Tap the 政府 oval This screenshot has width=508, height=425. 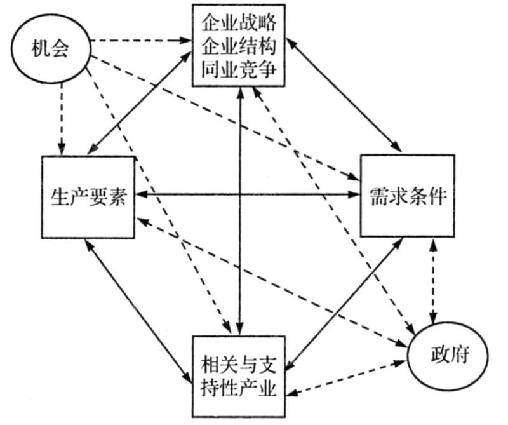coord(448,354)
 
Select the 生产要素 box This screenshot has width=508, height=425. coord(88,196)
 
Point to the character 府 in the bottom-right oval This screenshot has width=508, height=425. coord(458,354)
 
